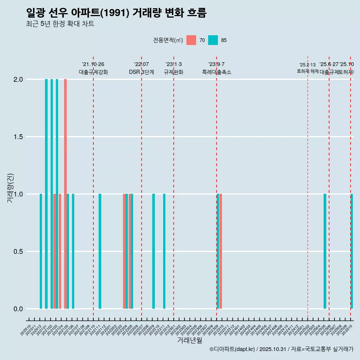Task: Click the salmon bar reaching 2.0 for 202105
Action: point(65,193)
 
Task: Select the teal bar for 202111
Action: point(100,251)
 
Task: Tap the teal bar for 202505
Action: point(325,251)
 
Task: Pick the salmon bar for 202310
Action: point(221,251)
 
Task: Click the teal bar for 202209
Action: point(153,251)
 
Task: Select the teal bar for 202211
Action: point(164,251)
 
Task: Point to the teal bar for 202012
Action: point(41,251)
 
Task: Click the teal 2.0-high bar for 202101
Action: point(46,193)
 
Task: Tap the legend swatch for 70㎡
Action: point(191,40)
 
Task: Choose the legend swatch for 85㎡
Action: point(213,40)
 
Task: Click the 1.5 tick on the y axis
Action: point(18,137)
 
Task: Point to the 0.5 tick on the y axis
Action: point(18,252)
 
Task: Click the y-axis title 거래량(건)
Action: point(10,187)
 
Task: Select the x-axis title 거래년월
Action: point(189,340)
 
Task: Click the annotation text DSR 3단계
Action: point(141,72)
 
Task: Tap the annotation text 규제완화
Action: point(174,72)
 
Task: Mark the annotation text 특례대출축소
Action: point(216,72)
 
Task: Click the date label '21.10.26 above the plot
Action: point(93,64)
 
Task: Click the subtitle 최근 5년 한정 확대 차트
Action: point(60,24)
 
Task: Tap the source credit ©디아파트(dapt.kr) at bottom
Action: point(232,349)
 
